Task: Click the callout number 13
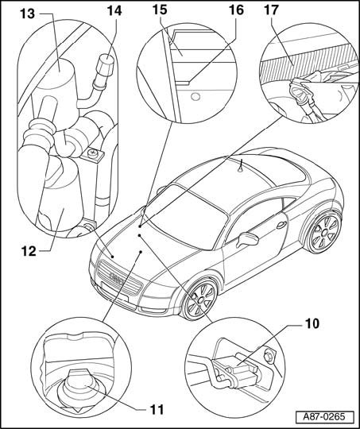(27, 14)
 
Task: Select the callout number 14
(114, 10)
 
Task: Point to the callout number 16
(236, 10)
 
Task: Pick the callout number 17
(271, 10)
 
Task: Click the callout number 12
(29, 251)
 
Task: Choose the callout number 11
(157, 410)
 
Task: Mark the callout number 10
(312, 323)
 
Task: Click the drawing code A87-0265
(324, 417)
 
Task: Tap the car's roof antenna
(240, 167)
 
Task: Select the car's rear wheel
(325, 231)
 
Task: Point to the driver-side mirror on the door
(248, 238)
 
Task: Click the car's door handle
(281, 225)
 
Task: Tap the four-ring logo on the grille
(117, 278)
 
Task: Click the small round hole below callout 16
(195, 96)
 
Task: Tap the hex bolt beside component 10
(268, 357)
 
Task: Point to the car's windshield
(186, 216)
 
